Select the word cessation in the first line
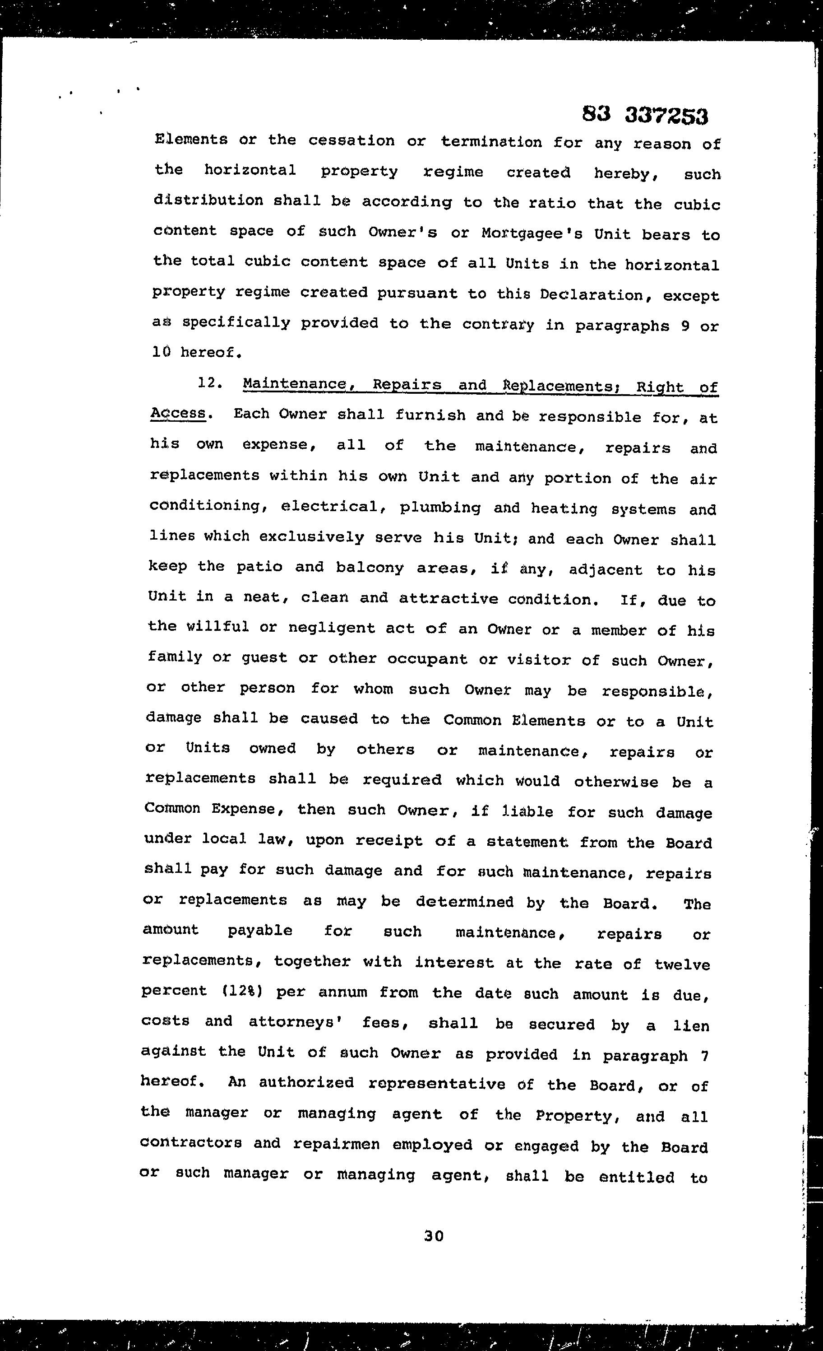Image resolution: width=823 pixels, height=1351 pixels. [x=351, y=141]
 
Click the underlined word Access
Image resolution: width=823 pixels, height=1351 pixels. [x=178, y=413]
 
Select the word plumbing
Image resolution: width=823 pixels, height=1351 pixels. [x=440, y=507]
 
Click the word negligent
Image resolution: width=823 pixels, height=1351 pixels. [x=332, y=629]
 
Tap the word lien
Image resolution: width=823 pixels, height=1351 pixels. [x=692, y=1025]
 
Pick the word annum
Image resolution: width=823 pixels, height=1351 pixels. [x=342, y=992]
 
